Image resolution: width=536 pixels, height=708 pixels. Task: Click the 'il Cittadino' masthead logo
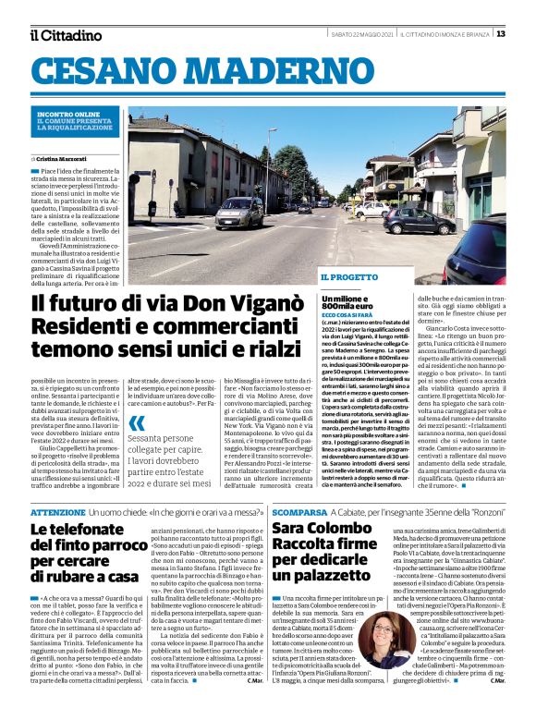(x=66, y=35)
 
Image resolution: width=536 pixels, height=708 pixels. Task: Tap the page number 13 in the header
(x=501, y=34)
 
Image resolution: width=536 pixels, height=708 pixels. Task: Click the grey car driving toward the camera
(x=238, y=214)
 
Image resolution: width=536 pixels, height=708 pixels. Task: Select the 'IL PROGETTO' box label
(x=348, y=277)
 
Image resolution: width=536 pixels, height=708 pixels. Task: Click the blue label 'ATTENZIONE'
(x=58, y=511)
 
